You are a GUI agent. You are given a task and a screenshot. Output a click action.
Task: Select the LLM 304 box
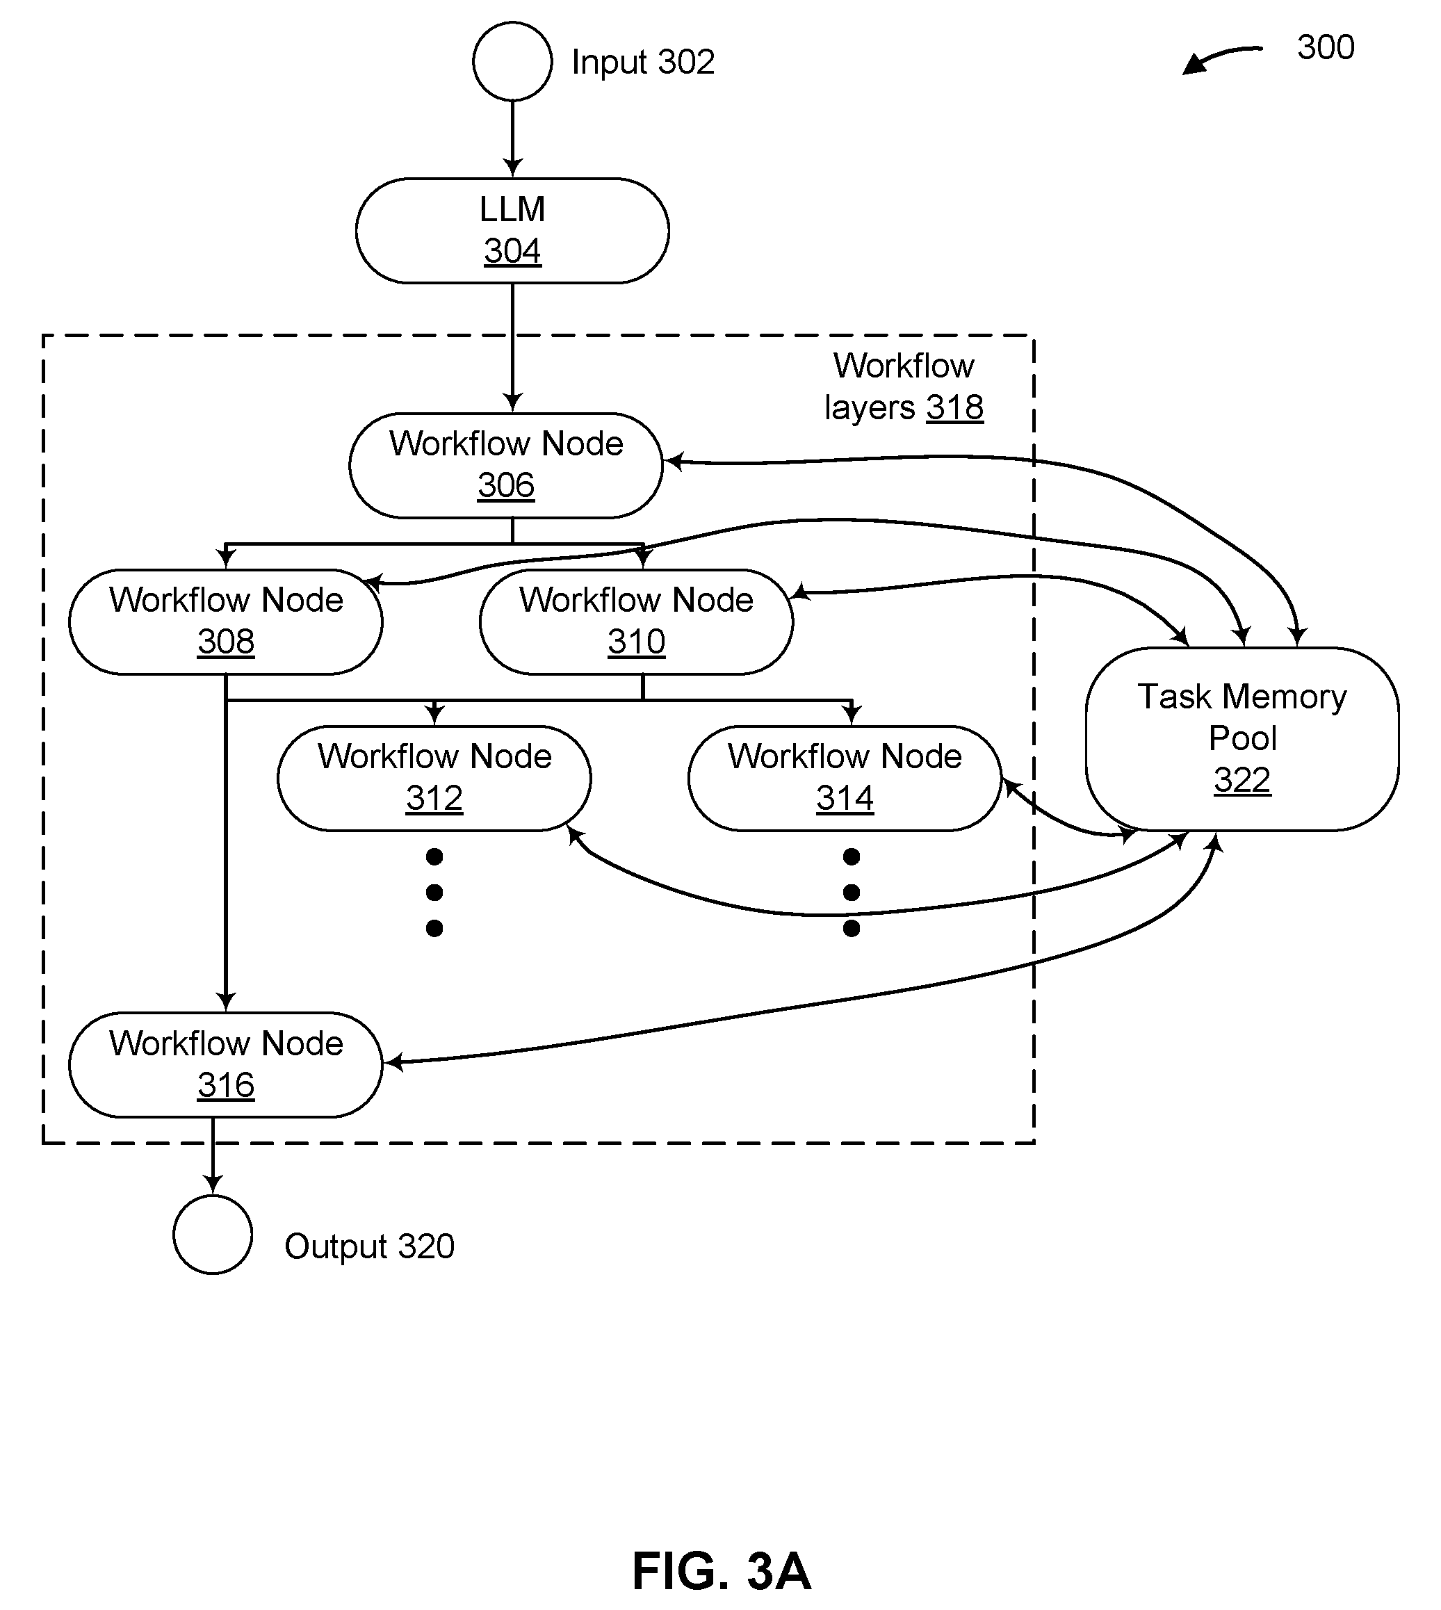pos(512,231)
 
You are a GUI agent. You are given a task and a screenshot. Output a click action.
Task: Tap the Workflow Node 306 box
pos(506,466)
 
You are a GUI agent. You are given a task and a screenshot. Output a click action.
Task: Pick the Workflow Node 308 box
pos(226,621)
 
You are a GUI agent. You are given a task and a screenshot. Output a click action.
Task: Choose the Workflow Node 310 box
pos(637,621)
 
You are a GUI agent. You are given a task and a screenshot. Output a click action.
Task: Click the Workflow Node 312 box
pos(434,779)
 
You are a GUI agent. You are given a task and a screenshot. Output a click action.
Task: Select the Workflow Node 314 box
pos(845,779)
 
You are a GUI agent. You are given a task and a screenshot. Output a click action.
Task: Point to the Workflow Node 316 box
pos(226,1065)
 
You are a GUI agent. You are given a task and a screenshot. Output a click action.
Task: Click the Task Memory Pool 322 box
pos(1242,739)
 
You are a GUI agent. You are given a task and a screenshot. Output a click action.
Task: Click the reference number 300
pos(1326,47)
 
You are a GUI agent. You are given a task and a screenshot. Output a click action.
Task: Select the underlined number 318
pos(955,408)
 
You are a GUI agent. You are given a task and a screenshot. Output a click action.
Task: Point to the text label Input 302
pos(643,62)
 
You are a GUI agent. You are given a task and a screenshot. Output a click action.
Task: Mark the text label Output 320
pos(369,1246)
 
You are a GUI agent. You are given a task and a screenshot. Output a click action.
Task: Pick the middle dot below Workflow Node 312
pos(434,893)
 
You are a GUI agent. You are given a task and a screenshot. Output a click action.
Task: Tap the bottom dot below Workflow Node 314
pos(851,928)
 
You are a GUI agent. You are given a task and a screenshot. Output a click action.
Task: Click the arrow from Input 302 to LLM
pos(512,139)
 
